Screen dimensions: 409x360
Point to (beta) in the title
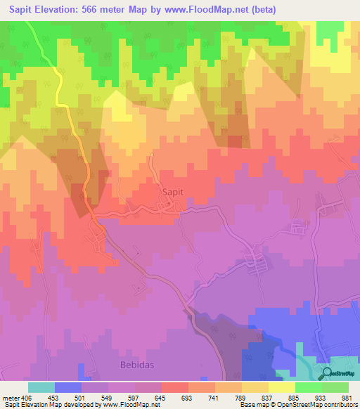262,10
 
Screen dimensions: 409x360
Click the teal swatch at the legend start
41,387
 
